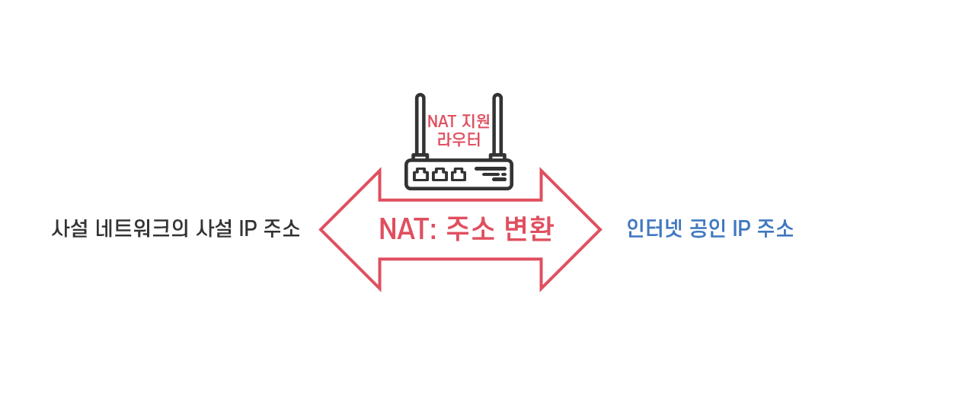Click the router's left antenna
(420, 126)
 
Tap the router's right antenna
(497, 126)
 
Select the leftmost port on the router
(420, 174)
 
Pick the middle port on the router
(440, 174)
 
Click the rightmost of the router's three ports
(459, 174)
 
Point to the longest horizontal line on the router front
(490, 169)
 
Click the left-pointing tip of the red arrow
(323, 229)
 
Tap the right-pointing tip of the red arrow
(598, 229)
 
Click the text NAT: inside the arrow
(408, 229)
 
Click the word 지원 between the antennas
(475, 122)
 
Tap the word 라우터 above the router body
(459, 140)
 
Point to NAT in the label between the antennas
(442, 122)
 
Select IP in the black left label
(247, 228)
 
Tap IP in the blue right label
(741, 228)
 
